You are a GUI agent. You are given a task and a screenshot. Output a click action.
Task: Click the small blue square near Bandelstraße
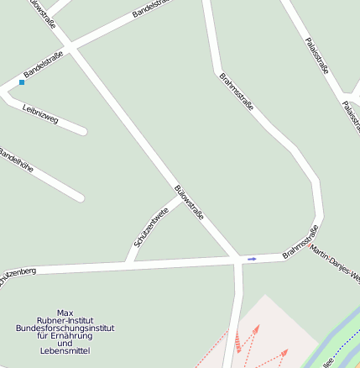(x=22, y=82)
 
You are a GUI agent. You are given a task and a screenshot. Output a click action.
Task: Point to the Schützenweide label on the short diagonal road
(x=151, y=227)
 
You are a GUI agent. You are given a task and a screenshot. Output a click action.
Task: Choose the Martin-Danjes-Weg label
(x=335, y=263)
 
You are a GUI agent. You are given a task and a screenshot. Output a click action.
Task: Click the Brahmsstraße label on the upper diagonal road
(x=236, y=92)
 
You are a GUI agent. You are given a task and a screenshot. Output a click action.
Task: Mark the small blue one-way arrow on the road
(x=252, y=259)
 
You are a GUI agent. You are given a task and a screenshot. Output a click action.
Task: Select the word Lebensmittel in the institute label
(x=65, y=350)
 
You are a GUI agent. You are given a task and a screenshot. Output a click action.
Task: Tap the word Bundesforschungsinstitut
(x=65, y=328)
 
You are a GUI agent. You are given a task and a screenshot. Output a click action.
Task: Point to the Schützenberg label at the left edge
(x=17, y=275)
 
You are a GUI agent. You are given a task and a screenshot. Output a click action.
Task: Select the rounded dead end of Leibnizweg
(x=82, y=130)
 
